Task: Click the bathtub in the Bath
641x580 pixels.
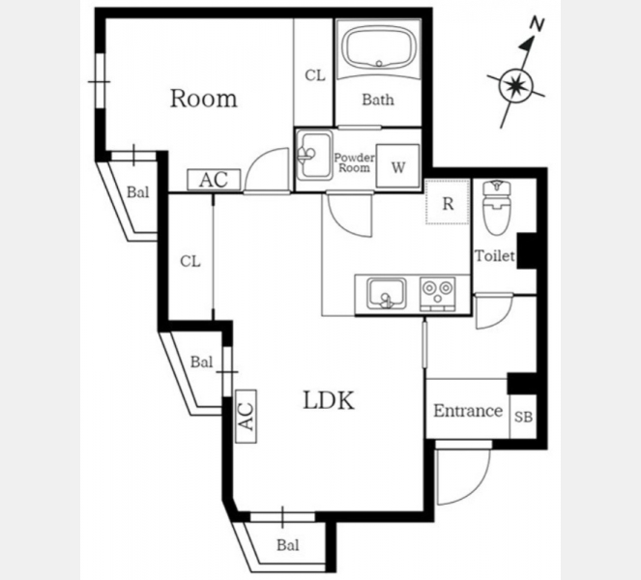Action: [x=379, y=48]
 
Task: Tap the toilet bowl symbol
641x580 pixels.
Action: [x=497, y=208]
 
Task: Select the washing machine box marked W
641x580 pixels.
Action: [x=397, y=166]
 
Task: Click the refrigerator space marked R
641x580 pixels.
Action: [x=448, y=202]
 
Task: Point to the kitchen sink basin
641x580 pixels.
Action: [x=387, y=294]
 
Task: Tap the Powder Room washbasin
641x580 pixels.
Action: [x=314, y=156]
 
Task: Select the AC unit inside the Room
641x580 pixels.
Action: [x=214, y=180]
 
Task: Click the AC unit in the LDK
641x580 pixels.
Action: [x=247, y=416]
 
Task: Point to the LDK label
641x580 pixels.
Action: [x=329, y=400]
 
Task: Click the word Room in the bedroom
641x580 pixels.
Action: [x=204, y=99]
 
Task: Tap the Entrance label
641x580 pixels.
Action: [x=468, y=411]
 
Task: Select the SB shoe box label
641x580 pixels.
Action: [x=523, y=418]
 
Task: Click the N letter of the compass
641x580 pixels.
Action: [x=537, y=24]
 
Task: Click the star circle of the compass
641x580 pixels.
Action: [x=516, y=86]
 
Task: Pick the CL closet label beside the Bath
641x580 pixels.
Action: [x=315, y=75]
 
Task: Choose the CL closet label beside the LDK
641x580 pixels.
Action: [x=190, y=261]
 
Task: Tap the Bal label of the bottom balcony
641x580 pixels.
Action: [x=288, y=545]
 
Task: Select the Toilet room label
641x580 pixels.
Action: [x=495, y=256]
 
